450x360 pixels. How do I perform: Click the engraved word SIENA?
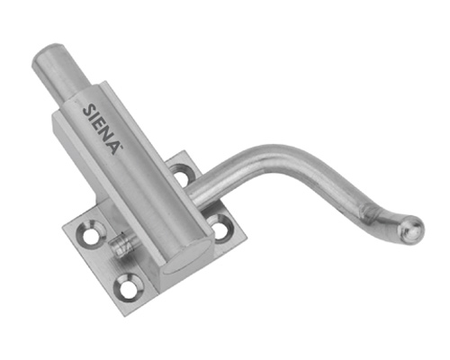click(x=100, y=129)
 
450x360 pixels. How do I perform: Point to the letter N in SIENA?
click(x=105, y=137)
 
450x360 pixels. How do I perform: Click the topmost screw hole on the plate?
click(x=182, y=175)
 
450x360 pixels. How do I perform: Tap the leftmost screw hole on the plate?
click(x=92, y=234)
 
